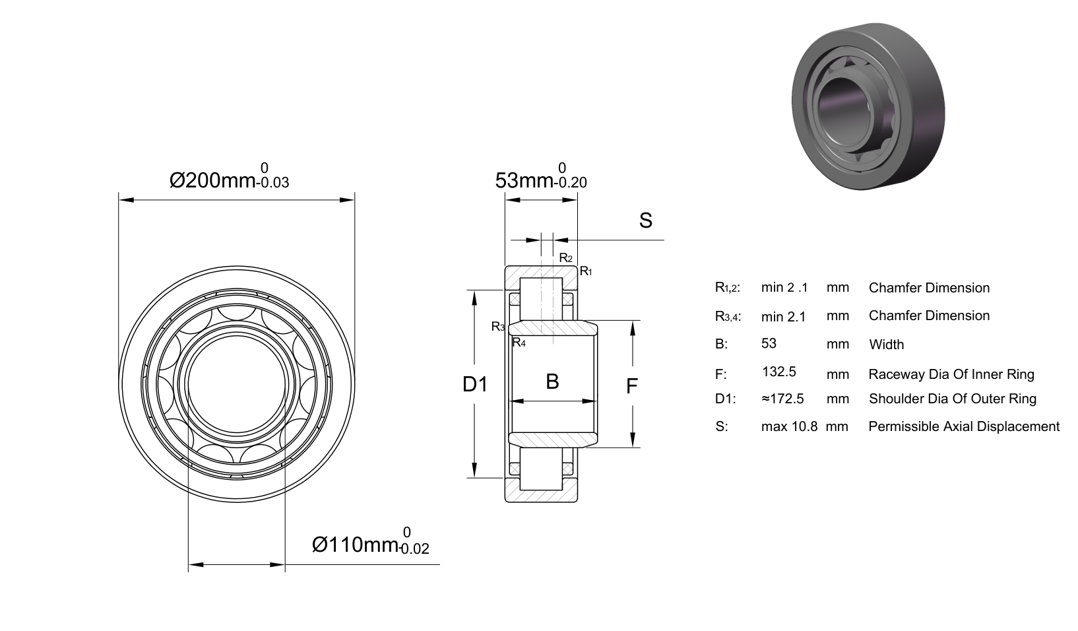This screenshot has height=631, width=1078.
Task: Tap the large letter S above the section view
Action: [x=645, y=220]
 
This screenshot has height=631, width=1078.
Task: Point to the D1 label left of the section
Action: [x=475, y=384]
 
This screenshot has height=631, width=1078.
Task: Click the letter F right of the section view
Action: [x=632, y=386]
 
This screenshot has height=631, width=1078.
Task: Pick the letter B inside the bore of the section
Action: [x=552, y=382]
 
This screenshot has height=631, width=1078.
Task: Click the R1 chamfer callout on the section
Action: [x=586, y=271]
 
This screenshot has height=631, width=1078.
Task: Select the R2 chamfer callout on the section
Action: [x=565, y=258]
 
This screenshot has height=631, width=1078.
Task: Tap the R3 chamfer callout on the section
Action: [x=498, y=327]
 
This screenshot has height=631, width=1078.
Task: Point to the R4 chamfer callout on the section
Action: [x=519, y=343]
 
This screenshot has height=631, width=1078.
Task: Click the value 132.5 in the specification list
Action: [x=779, y=372]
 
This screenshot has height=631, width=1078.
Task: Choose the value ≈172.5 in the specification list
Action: [x=782, y=399]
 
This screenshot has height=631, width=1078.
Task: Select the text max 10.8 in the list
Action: [x=789, y=426]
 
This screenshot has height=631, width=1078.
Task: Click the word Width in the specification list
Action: [x=887, y=345]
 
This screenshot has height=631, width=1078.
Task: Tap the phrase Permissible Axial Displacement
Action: [x=964, y=426]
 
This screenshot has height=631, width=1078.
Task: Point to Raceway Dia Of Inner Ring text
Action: [x=951, y=374]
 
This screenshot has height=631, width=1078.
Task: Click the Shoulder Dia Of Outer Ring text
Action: [x=953, y=399]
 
